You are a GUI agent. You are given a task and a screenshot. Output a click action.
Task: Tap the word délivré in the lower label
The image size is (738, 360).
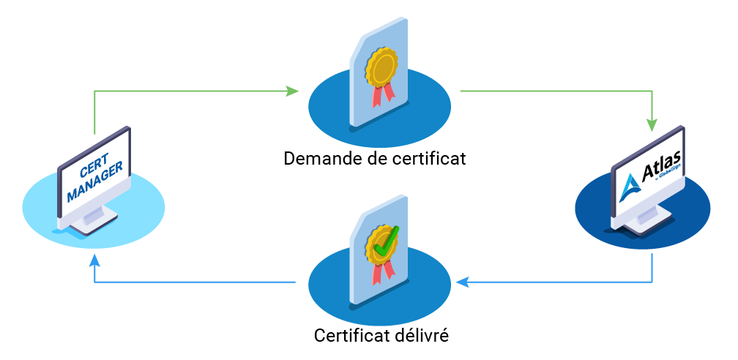pos(422,337)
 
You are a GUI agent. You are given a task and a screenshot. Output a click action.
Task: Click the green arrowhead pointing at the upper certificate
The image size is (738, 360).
pos(293,91)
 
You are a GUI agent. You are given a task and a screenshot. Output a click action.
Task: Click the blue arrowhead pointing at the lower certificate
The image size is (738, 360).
pos(461,282)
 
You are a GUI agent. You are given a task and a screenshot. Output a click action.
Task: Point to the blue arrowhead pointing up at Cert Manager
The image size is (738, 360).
pos(94,261)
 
